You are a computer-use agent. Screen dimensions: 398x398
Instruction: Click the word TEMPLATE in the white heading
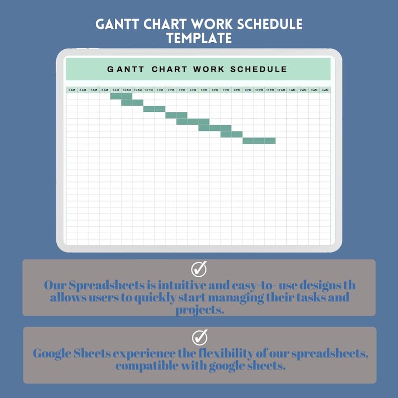pos(199,38)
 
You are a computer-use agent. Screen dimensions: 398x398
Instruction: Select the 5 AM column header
pos(72,90)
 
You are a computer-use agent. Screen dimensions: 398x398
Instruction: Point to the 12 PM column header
pos(149,90)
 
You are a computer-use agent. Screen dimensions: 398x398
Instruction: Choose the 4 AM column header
pos(325,90)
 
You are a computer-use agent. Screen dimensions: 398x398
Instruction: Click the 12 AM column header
pos(281,90)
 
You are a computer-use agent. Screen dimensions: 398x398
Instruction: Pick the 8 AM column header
pos(105,90)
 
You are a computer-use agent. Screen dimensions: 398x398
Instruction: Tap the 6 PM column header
pos(215,90)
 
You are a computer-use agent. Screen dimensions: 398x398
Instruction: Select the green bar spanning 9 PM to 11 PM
pos(259,141)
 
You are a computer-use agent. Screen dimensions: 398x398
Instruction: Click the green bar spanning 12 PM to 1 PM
pos(154,109)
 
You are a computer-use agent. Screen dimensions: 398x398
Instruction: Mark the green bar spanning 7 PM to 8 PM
pos(232,134)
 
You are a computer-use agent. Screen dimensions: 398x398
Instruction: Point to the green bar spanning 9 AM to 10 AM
pos(121,96)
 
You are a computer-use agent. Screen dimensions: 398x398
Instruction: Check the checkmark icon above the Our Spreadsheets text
pos(199,269)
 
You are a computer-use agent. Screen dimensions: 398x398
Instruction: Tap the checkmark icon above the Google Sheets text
pos(199,337)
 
